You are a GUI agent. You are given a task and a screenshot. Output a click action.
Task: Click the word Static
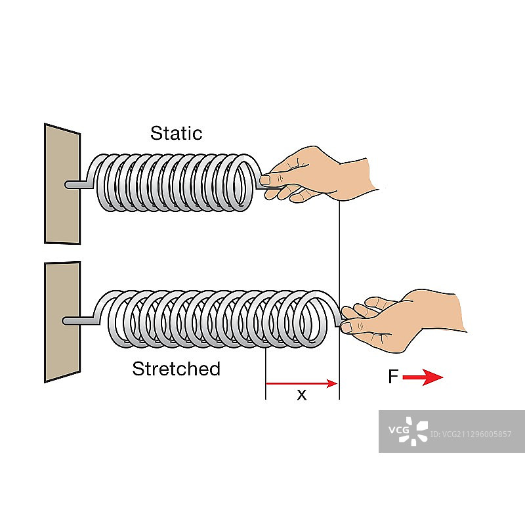pyautogui.click(x=176, y=133)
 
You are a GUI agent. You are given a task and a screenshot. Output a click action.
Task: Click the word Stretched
pyautogui.click(x=176, y=369)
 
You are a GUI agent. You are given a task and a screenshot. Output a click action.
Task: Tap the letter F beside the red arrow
pyautogui.click(x=392, y=377)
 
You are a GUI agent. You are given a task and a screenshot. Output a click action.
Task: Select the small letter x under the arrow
pyautogui.click(x=301, y=394)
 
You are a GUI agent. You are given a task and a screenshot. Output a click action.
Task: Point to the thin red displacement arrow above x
pyautogui.click(x=301, y=383)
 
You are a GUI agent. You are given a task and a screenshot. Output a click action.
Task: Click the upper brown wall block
pyautogui.click(x=62, y=184)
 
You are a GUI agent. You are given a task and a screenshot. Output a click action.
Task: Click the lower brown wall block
pyautogui.click(x=62, y=321)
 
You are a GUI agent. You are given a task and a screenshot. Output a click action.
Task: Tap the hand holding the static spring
pyautogui.click(x=322, y=174)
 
